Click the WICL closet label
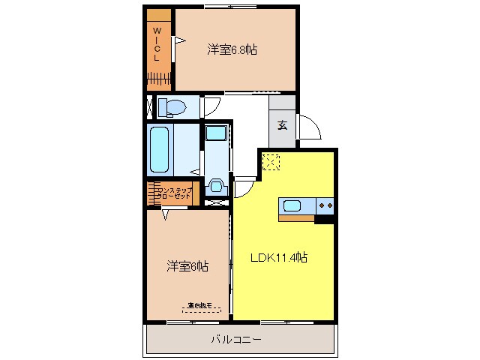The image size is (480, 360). click(157, 44)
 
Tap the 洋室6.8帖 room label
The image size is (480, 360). click(232, 50)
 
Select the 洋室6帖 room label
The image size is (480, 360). click(187, 266)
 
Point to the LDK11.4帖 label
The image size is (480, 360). click(278, 258)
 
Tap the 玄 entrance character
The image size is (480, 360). click(283, 125)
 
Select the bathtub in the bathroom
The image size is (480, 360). click(160, 148)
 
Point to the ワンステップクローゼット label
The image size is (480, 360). click(175, 193)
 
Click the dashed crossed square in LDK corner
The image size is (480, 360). click(270, 161)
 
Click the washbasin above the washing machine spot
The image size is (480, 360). click(214, 134)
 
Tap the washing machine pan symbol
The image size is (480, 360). click(216, 185)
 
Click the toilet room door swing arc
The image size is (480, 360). click(211, 106)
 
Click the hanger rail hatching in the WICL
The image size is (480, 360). click(159, 78)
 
